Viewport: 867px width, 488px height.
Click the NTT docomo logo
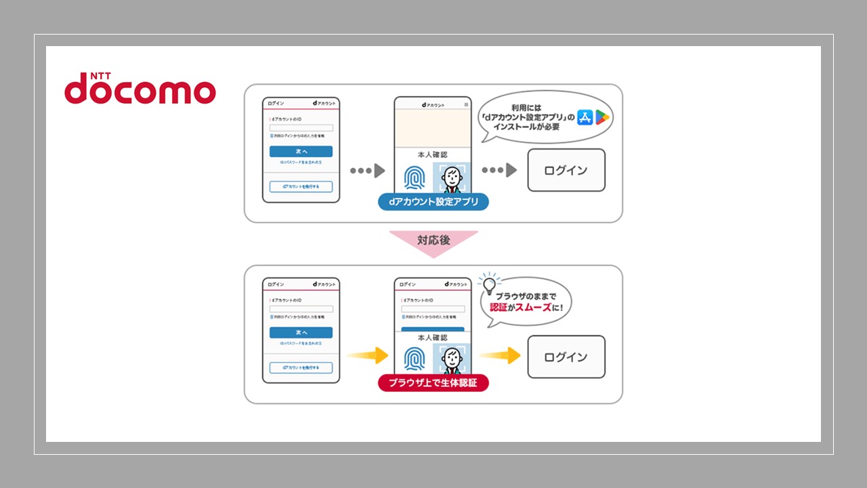[140, 89]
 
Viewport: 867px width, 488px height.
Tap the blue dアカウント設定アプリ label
[433, 202]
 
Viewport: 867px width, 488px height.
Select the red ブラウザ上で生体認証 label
[433, 383]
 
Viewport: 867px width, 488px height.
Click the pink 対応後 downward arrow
[433, 242]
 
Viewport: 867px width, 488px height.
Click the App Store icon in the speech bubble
[585, 117]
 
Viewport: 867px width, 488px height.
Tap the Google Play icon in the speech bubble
[602, 117]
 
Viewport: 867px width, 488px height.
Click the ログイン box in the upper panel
[566, 170]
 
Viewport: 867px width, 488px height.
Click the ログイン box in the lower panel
[566, 357]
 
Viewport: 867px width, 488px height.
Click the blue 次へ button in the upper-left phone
[301, 151]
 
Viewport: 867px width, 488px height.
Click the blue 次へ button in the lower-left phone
[301, 333]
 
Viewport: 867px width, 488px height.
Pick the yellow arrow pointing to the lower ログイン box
[500, 355]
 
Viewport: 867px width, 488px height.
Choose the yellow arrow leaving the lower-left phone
[367, 354]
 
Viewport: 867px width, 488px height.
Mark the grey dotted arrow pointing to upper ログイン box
[500, 170]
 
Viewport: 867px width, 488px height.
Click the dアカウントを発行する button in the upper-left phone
[301, 186]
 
